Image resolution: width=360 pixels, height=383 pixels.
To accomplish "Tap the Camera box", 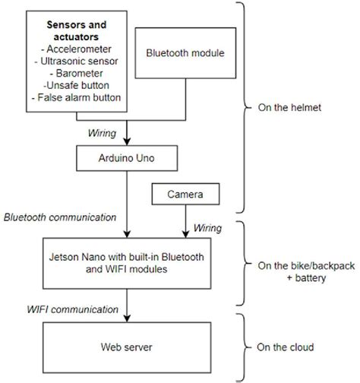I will point(184,195).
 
